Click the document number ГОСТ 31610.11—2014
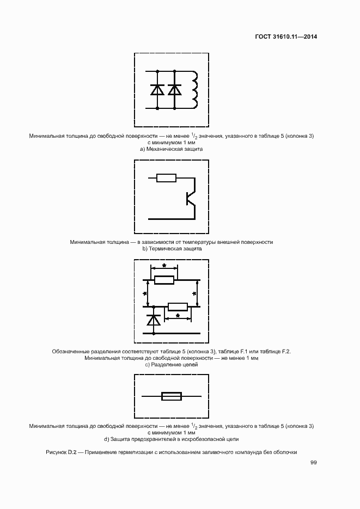[x=286, y=37]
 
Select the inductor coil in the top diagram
[x=194, y=89]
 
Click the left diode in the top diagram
[x=158, y=90]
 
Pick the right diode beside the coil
[x=175, y=90]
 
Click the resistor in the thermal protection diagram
[x=166, y=177]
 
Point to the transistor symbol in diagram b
[x=190, y=199]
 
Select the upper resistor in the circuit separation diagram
[x=164, y=280]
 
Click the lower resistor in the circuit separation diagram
[x=178, y=307]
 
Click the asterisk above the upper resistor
[x=164, y=266]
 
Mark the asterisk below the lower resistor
[x=178, y=315]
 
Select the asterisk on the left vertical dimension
[x=145, y=293]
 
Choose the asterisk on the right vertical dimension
[x=194, y=293]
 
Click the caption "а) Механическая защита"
[x=171, y=148]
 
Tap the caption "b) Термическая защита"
[x=172, y=248]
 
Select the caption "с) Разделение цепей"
[x=171, y=365]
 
